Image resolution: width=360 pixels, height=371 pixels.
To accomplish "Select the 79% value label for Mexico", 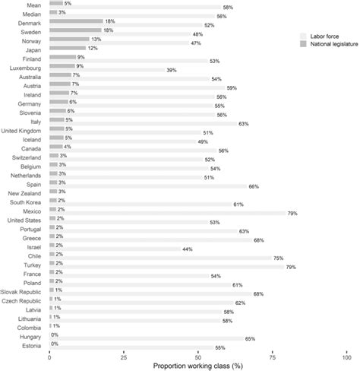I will pyautogui.click(x=292, y=214).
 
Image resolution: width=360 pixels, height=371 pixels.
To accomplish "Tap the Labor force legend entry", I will pyautogui.click(x=322, y=36).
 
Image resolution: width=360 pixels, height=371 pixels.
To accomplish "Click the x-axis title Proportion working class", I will pyautogui.click(x=197, y=365).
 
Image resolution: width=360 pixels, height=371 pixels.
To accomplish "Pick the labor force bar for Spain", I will pyautogui.click(x=148, y=186).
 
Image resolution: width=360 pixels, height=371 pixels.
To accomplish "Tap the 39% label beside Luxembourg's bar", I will pyautogui.click(x=171, y=71).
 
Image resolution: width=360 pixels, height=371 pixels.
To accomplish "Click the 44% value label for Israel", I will pyautogui.click(x=186, y=249).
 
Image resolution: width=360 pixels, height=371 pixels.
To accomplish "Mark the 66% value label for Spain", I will pyautogui.click(x=254, y=186).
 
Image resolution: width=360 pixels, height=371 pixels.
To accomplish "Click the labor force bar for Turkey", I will pyautogui.click(x=167, y=267).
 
